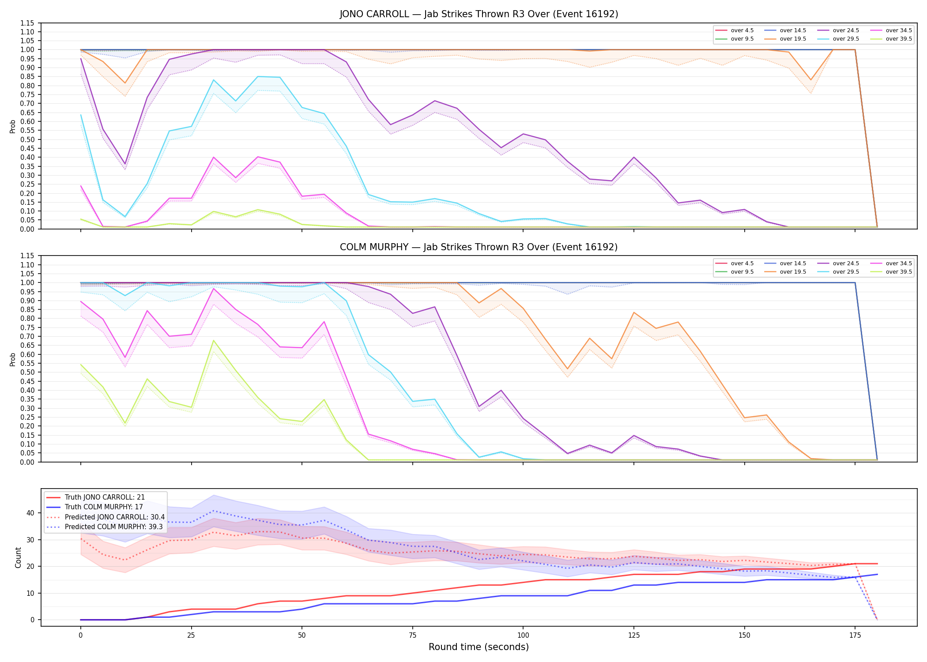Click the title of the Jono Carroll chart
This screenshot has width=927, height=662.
479,14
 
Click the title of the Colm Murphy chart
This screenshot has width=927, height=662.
479,247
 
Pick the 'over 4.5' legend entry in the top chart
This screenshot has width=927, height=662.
735,30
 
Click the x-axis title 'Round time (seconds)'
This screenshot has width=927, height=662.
479,647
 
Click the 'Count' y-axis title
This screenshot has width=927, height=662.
18,557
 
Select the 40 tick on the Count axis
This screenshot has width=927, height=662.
30,513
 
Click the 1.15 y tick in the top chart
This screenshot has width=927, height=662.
28,23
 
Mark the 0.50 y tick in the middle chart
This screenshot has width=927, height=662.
28,372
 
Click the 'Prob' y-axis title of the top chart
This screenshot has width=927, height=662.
13,126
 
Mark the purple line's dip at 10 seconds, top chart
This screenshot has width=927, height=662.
125,164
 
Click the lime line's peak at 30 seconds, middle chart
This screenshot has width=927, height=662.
214,340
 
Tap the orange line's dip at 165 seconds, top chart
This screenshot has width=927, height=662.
811,80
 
